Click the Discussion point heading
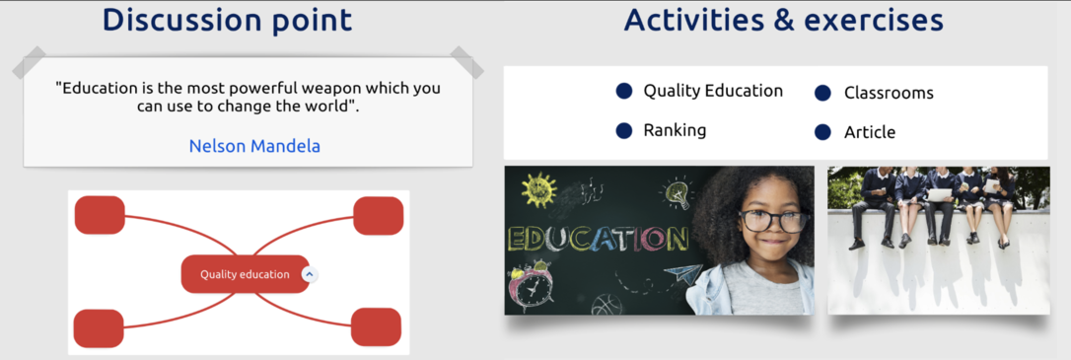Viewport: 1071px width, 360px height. [228, 20]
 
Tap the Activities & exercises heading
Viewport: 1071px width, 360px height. [783, 20]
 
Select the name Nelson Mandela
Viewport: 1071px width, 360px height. [254, 146]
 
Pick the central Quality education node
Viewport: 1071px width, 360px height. [245, 274]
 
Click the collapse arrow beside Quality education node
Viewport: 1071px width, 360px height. [310, 274]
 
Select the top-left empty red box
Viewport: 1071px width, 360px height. [100, 215]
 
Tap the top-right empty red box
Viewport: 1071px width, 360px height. [378, 216]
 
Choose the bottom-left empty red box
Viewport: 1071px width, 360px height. [99, 328]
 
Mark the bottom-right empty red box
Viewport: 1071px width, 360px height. [376, 326]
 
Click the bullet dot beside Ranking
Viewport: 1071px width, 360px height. [623, 130]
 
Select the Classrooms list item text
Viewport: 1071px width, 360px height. [889, 93]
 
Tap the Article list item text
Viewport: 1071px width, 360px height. [870, 132]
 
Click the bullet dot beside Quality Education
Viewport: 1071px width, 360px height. [623, 91]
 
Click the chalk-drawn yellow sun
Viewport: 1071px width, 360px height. [538, 190]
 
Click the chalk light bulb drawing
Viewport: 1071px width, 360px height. [677, 192]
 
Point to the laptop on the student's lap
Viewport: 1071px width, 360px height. [940, 195]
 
